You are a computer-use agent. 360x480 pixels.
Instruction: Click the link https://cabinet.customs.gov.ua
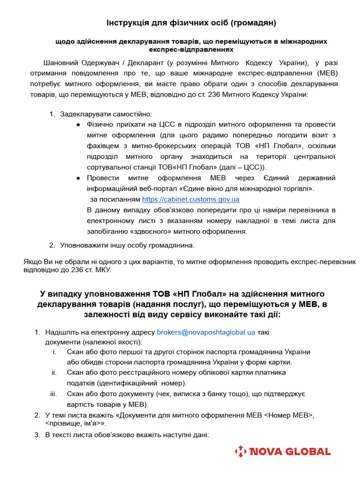(x=190, y=199)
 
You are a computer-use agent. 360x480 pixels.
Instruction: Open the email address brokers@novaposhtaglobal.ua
(x=206, y=332)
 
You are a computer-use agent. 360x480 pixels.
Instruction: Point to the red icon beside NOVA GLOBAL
(x=240, y=452)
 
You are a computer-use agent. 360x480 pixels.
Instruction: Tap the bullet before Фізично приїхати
(x=78, y=125)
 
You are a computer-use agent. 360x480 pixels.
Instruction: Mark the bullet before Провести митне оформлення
(x=78, y=178)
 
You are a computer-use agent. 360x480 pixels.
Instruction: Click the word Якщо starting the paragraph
(x=32, y=261)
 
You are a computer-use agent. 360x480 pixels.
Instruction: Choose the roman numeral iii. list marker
(x=53, y=394)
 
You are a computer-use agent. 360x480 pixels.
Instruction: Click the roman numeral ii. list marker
(x=54, y=373)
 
